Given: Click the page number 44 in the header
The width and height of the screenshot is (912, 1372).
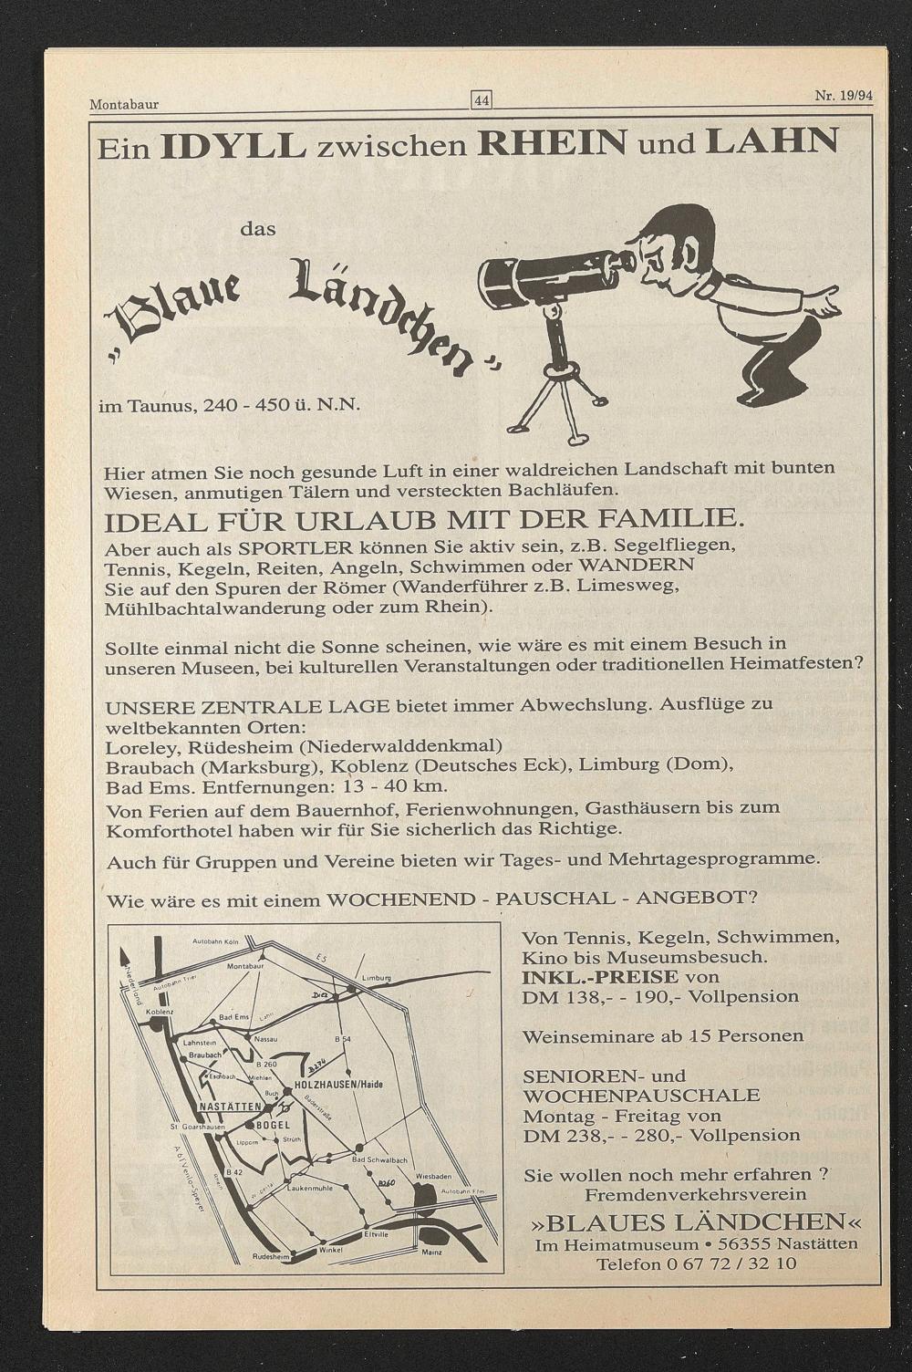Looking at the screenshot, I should click(x=481, y=101).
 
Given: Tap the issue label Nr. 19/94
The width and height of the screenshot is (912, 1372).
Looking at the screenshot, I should click(x=843, y=96).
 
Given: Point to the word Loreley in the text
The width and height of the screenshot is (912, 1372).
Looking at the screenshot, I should click(x=134, y=747).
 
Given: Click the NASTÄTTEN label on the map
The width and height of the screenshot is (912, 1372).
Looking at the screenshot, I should click(x=230, y=1107).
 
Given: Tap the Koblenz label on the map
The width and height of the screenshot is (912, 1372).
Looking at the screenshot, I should click(x=159, y=1013).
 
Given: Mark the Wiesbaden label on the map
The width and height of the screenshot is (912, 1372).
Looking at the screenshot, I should click(x=434, y=1176).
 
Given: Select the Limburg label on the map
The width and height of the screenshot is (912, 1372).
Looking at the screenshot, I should click(x=377, y=978).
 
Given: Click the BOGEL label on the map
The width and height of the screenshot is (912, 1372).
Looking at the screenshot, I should click(x=274, y=1125).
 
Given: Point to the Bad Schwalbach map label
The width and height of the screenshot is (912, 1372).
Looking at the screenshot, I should click(x=379, y=1159).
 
